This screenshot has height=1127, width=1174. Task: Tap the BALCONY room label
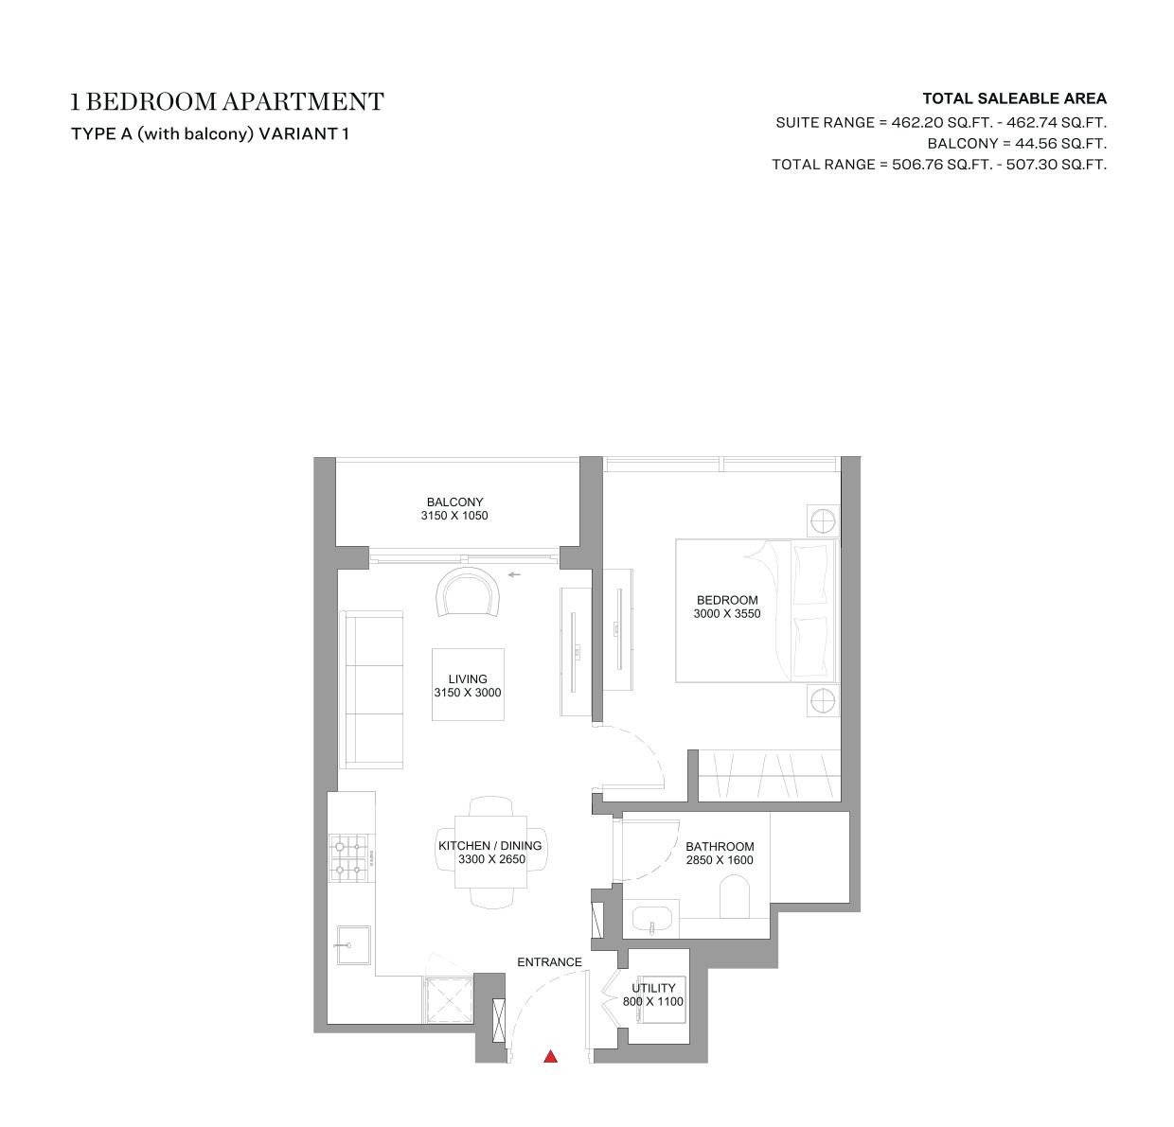click(x=454, y=502)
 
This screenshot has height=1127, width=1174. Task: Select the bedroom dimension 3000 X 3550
click(x=727, y=614)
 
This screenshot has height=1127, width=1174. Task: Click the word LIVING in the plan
click(x=468, y=679)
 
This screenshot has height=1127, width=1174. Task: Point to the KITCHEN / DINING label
click(x=489, y=846)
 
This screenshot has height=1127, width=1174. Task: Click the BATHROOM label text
click(x=720, y=847)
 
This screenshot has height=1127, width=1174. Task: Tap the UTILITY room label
click(x=653, y=988)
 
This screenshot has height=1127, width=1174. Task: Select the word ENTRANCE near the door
click(x=549, y=962)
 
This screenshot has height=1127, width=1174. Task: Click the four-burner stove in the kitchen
click(x=348, y=858)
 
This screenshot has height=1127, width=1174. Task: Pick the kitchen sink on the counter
click(x=353, y=945)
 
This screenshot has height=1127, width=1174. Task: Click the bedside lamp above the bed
click(x=824, y=520)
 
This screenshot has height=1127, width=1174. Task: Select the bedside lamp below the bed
click(x=824, y=700)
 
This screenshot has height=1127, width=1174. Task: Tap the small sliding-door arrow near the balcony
click(x=514, y=574)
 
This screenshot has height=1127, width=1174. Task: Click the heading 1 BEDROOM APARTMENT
click(x=227, y=101)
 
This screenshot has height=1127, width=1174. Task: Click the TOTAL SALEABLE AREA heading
click(x=1015, y=98)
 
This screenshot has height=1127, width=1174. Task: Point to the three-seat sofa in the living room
click(x=372, y=690)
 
